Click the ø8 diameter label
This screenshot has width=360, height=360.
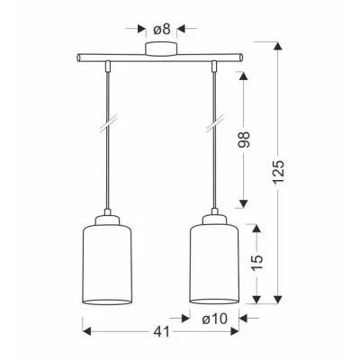click(x=162, y=29)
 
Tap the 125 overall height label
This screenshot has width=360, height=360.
click(x=278, y=172)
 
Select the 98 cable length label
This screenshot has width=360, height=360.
click(x=244, y=139)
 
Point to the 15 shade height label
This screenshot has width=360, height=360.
click(x=256, y=262)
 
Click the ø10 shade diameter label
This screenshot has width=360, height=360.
click(x=215, y=319)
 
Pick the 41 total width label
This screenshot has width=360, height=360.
click(x=162, y=332)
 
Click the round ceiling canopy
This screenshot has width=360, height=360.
click(x=161, y=49)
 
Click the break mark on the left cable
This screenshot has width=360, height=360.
click(x=108, y=124)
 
